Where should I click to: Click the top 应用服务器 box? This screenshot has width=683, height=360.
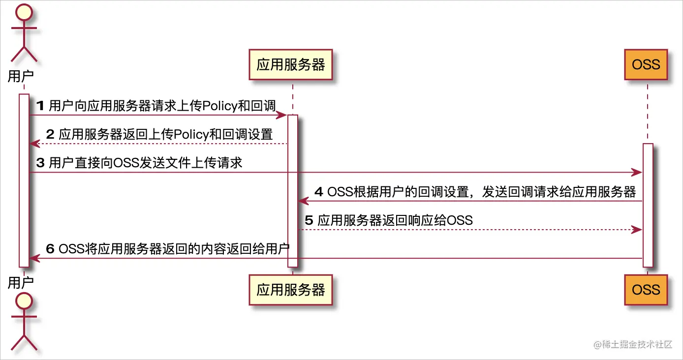click(291, 65)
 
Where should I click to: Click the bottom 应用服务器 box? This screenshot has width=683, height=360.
click(291, 290)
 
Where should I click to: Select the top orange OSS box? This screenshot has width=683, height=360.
click(646, 65)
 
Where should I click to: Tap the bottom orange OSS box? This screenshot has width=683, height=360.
click(646, 290)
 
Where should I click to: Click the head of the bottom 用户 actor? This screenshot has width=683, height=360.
click(24, 300)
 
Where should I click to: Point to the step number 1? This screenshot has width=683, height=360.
click(41, 106)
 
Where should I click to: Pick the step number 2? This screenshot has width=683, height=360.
click(50, 134)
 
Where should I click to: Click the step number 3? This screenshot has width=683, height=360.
click(41, 163)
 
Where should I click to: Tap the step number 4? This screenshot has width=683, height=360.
click(318, 191)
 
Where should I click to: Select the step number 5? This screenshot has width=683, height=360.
click(309, 220)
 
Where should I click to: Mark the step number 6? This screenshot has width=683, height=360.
click(50, 248)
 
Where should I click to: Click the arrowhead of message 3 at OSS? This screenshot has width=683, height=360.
click(638, 173)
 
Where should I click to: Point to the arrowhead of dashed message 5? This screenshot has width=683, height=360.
click(638, 230)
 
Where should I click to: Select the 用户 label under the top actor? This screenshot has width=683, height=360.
click(21, 76)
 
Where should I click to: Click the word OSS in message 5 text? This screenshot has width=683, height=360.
click(460, 220)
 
